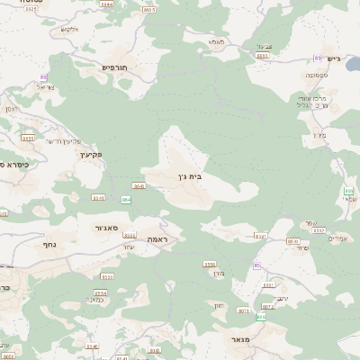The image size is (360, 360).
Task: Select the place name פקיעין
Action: coord(92,154)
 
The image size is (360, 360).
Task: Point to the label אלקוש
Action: coord(70,29)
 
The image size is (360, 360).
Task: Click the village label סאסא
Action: coord(216,41)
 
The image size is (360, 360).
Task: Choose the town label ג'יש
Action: coord(334,59)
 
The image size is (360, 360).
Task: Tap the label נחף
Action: coord(49,244)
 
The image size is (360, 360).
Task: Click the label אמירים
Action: coord(338,238)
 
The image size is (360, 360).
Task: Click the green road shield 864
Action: coord(126,199)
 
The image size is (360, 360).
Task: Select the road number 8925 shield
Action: coord(262,56)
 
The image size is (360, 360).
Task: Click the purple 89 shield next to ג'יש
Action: coord(317,58)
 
